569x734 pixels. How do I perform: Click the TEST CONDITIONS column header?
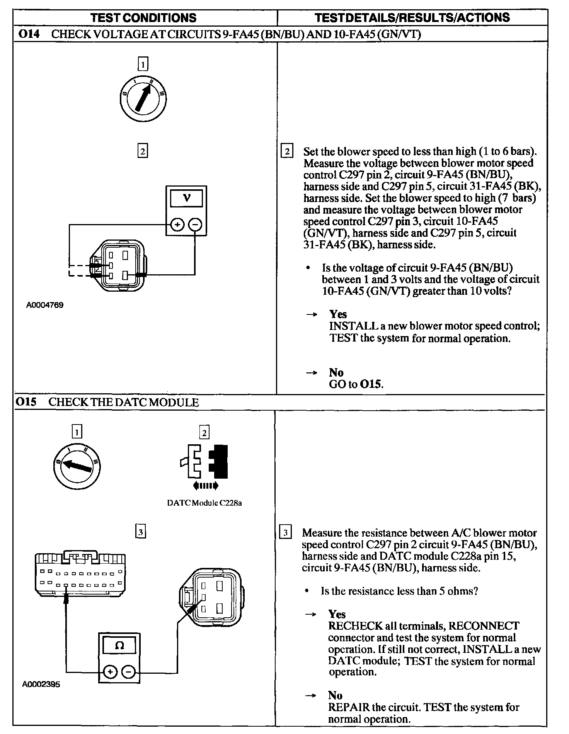click(x=143, y=18)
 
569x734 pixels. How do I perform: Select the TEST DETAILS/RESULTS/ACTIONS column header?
click(x=412, y=17)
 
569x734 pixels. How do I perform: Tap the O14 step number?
click(x=29, y=34)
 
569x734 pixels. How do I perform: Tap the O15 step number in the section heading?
click(x=26, y=402)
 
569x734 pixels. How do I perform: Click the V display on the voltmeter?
click(x=186, y=198)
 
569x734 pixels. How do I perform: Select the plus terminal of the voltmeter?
click(x=177, y=225)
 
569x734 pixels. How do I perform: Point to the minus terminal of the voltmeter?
click(x=196, y=225)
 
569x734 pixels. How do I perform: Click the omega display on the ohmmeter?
click(x=119, y=646)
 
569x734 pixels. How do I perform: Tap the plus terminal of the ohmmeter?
click(x=111, y=673)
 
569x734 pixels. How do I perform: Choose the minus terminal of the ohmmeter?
click(x=128, y=673)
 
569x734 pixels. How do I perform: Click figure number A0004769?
click(x=44, y=305)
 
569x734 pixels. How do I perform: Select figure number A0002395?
click(x=41, y=695)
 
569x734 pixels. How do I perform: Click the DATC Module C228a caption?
click(x=204, y=503)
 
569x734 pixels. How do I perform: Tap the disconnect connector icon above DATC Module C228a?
click(x=204, y=466)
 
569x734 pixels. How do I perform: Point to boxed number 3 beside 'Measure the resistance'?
click(x=285, y=533)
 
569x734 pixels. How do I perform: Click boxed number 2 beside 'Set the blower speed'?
click(x=287, y=151)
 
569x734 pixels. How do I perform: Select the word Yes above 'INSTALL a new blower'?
click(x=338, y=314)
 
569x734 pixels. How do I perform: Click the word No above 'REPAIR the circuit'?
click(x=335, y=695)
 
